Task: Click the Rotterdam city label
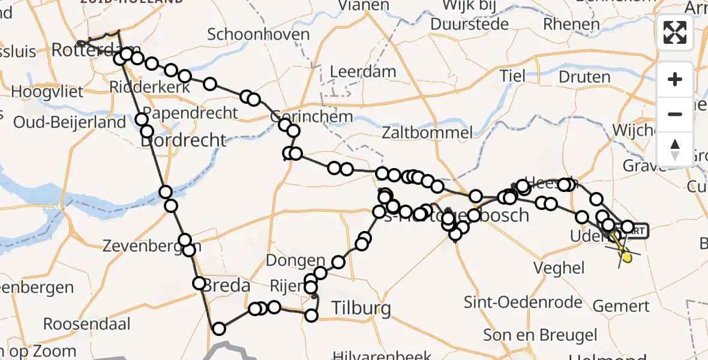pyautogui.click(x=96, y=50)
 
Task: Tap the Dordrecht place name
pyautogui.click(x=184, y=140)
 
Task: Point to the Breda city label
pyautogui.click(x=226, y=285)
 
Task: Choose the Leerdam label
pyautogui.click(x=364, y=72)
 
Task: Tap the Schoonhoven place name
pyautogui.click(x=258, y=34)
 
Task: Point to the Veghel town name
pyautogui.click(x=562, y=268)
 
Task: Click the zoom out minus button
pyautogui.click(x=675, y=114)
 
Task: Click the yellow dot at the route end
pyautogui.click(x=627, y=258)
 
